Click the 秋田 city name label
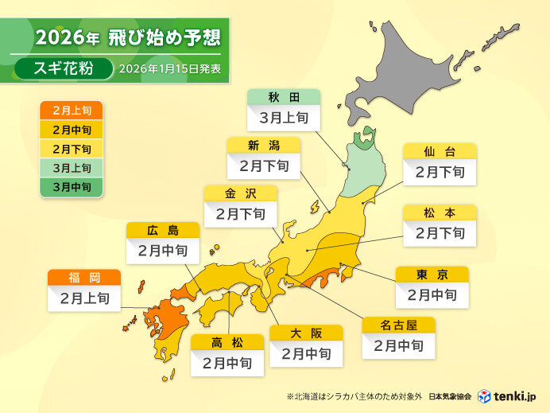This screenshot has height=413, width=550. pos(284,97)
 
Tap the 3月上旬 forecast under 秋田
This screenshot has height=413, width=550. pos(284,119)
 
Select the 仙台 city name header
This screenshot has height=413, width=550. pos(440,150)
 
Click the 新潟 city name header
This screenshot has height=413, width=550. pos(264,145)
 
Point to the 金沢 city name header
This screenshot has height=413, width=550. pos(240,193)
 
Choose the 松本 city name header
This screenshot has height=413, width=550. pos(440,212)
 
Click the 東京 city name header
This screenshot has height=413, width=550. pos(432,274)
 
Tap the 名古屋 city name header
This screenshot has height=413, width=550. pos(399,325)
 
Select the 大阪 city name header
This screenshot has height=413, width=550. pos(306,332)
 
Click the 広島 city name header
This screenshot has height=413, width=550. pos(162,230)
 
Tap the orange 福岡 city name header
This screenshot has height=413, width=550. pos(84,278)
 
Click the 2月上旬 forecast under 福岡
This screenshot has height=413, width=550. pos(84,299)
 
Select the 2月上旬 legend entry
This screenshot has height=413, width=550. pos(71,111)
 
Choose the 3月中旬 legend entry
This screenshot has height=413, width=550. pos(71,187)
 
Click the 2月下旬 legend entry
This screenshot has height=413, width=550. pos(71,149)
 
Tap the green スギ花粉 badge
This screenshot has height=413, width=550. pos(63,68)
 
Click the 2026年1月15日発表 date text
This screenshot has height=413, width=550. pos(169,69)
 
